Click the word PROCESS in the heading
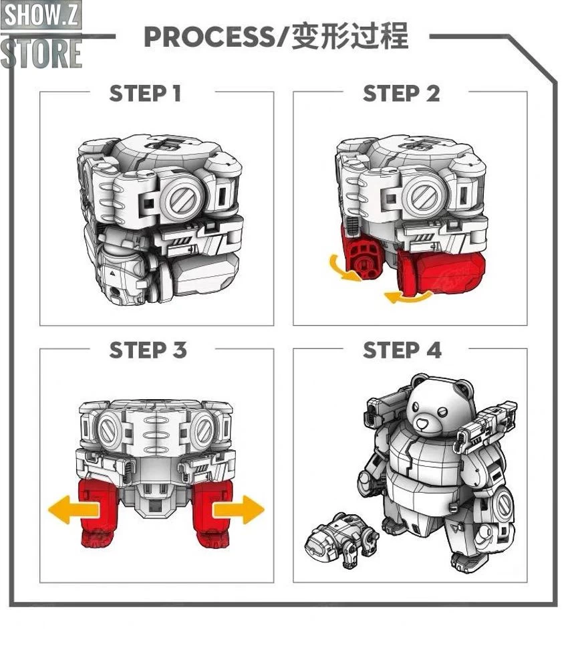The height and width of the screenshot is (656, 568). (x=208, y=37)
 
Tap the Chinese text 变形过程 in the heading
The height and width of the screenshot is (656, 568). (x=351, y=37)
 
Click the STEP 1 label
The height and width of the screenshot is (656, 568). (x=145, y=94)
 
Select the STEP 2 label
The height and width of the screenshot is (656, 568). (x=401, y=94)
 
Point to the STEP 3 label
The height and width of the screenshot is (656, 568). (x=148, y=350)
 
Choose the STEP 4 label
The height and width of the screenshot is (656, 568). (x=402, y=350)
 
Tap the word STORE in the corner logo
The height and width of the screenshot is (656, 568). (x=41, y=53)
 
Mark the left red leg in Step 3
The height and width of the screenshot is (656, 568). (x=98, y=513)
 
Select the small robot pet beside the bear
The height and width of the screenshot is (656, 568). (x=339, y=540)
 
